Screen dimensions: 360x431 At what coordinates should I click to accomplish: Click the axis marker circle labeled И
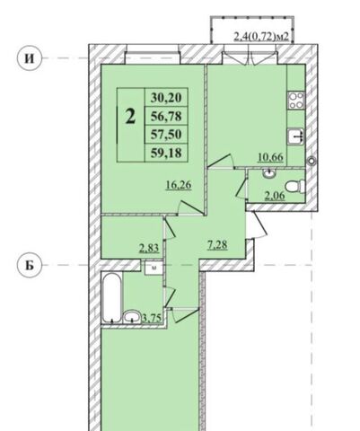[29, 58]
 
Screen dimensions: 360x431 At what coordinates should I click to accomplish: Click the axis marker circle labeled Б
[29, 266]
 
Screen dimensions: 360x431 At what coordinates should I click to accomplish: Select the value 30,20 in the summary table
[166, 97]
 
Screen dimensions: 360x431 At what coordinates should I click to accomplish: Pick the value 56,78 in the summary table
[166, 116]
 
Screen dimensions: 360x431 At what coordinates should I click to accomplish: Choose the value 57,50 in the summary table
[166, 135]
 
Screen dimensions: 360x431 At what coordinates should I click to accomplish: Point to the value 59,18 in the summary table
[166, 153]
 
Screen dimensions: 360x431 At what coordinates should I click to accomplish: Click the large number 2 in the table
[130, 117]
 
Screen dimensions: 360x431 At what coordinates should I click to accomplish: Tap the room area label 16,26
[179, 185]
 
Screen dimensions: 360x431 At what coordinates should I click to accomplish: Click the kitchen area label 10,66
[271, 157]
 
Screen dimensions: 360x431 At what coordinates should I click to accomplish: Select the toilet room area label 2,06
[275, 196]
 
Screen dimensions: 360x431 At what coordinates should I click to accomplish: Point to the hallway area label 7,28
[217, 245]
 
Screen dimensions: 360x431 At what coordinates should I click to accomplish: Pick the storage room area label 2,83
[149, 248]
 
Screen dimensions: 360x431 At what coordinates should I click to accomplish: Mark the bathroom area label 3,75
[154, 318]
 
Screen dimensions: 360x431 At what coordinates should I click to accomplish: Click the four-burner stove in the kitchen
[296, 101]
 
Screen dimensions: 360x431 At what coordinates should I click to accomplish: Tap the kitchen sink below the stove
[296, 136]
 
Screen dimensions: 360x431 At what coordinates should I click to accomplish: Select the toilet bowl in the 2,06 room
[295, 187]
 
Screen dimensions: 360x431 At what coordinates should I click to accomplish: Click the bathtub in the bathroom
[111, 297]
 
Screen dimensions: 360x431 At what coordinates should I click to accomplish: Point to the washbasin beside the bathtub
[132, 317]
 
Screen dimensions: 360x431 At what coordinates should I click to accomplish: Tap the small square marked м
[154, 268]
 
